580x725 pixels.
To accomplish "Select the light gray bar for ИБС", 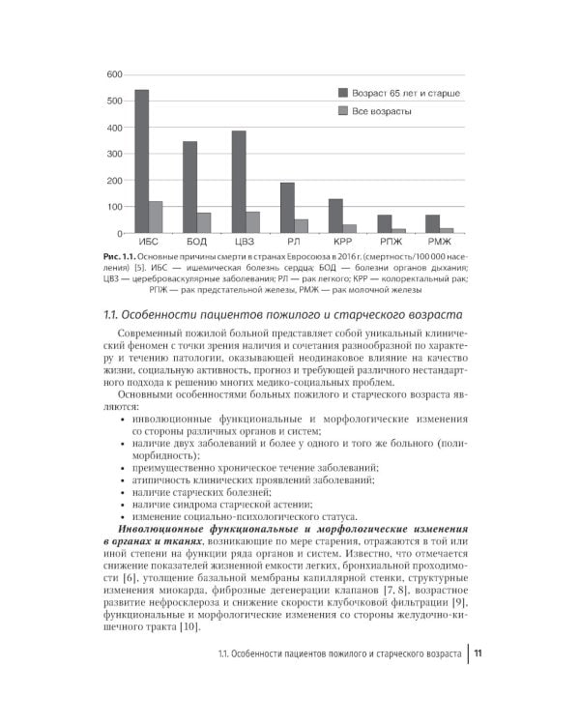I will (156, 217).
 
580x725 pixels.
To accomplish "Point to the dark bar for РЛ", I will (287, 208).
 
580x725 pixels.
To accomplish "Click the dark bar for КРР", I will (335, 216).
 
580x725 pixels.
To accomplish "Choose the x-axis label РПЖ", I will (391, 242).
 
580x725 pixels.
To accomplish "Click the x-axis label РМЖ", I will (439, 242).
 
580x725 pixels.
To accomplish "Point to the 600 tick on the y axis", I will (113, 74).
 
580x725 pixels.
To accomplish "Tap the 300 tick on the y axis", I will (113, 154).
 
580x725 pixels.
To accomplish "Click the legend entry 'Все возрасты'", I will (381, 112).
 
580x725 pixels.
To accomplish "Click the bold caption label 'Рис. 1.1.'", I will (122, 255).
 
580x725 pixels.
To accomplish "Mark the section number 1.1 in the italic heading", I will (112, 315).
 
